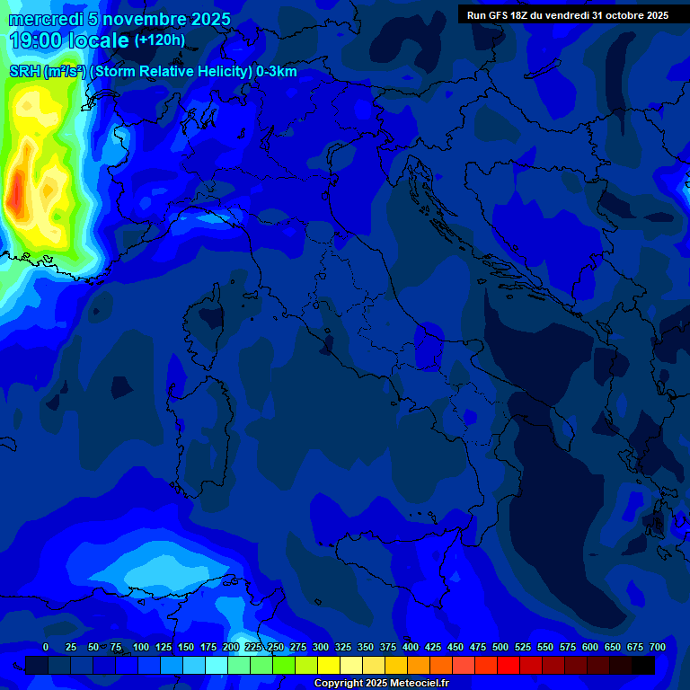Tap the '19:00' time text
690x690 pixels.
[x=38, y=40]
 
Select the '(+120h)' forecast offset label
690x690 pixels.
[x=159, y=40]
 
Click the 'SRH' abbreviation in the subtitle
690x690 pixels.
[x=24, y=72]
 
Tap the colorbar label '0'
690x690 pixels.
[x=46, y=647]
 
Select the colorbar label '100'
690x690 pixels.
[x=141, y=647]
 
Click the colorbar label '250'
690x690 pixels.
[x=276, y=647]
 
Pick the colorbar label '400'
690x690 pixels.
[x=411, y=647]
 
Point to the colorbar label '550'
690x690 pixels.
[x=545, y=647]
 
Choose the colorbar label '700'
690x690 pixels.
[x=658, y=647]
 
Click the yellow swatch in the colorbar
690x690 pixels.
[x=329, y=665]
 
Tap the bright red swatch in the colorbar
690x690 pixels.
[x=509, y=665]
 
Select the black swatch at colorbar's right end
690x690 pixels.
[x=643, y=665]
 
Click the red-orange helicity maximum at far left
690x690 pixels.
[x=15, y=193]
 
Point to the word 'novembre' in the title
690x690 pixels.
[x=145, y=19]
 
